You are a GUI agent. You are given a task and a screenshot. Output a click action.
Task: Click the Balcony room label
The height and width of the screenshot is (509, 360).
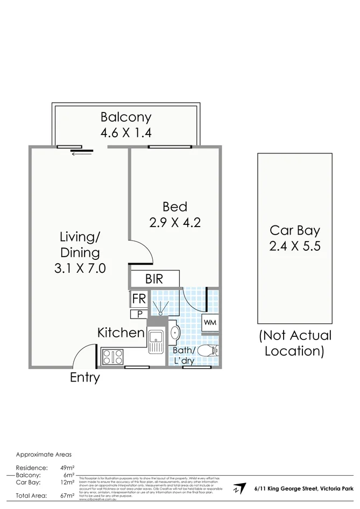pos(126,117)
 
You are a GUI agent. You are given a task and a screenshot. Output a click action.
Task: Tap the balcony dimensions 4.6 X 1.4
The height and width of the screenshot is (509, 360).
pos(126,132)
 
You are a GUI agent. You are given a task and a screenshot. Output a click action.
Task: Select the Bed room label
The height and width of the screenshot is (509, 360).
pos(175,206)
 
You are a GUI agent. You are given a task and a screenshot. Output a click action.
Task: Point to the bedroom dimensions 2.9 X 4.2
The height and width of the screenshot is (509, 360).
pos(175,222)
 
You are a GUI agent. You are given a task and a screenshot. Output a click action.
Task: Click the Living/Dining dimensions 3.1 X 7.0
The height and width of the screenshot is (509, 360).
pos(80,267)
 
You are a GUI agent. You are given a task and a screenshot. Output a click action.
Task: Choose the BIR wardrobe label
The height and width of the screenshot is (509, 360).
pos(154,279)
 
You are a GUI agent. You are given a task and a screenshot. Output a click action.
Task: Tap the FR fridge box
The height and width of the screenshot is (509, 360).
pos(138,299)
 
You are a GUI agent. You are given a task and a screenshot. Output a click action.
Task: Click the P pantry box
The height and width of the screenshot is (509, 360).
pos(138,314)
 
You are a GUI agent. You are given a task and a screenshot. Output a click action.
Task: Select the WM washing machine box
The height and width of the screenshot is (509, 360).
pos(209,323)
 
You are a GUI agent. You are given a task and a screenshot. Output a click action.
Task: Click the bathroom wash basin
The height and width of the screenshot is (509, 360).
pos(174,334)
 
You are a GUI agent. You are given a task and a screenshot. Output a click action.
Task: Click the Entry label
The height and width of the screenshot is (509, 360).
pos(85,378)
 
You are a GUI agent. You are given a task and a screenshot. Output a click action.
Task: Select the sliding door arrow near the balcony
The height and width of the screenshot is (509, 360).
pos(80,154)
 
